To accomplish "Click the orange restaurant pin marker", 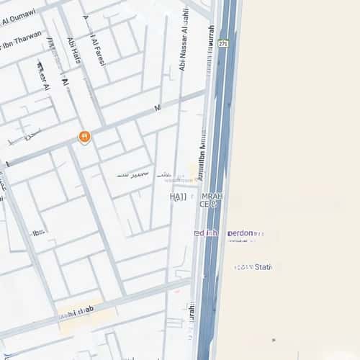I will (x=84, y=136).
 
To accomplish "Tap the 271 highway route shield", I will (x=224, y=43).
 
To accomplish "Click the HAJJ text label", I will (x=178, y=196).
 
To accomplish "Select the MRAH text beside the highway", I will (x=213, y=196).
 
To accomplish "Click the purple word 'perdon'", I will (x=240, y=233).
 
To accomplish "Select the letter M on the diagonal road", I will (x=157, y=107).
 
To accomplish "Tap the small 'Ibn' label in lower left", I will (x=37, y=232).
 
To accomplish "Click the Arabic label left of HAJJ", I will (x=133, y=174).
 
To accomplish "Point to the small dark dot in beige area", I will (x=274, y=340).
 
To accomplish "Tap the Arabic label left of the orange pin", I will (x=31, y=135).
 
